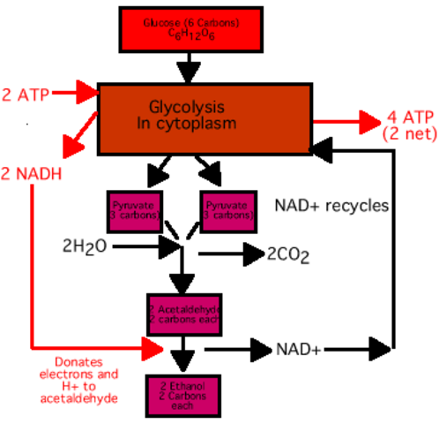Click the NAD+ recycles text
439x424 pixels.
[331, 206]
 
